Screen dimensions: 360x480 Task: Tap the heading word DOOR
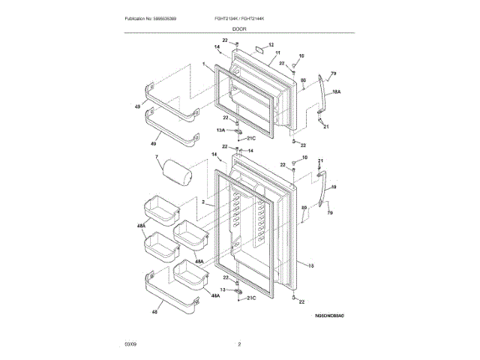pyautogui.click(x=239, y=28)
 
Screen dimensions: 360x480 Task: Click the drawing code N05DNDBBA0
pyautogui.click(x=330, y=316)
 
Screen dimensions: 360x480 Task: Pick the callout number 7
pyautogui.click(x=156, y=157)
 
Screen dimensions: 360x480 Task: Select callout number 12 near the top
pyautogui.click(x=271, y=45)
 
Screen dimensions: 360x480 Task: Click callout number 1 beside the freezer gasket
pyautogui.click(x=203, y=65)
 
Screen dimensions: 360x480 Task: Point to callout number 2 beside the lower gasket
pyautogui.click(x=203, y=202)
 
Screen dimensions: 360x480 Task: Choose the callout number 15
pyautogui.click(x=311, y=264)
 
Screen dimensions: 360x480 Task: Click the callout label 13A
pyautogui.click(x=221, y=129)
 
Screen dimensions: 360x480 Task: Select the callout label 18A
pyautogui.click(x=337, y=91)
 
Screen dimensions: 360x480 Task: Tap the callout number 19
pyautogui.click(x=334, y=187)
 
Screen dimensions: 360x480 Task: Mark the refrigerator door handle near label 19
pyautogui.click(x=322, y=191)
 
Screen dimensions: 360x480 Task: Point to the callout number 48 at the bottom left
pyautogui.click(x=154, y=311)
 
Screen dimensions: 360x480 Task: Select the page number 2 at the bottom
pyautogui.click(x=239, y=343)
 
